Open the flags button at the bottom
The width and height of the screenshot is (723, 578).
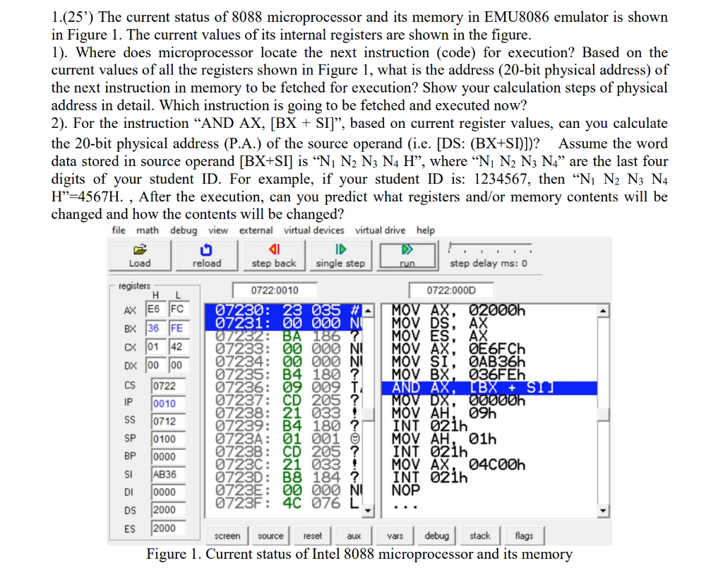coord(524,536)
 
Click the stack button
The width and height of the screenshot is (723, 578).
coord(479,536)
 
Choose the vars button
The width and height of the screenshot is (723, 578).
coord(395,536)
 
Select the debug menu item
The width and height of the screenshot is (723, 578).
coord(183,230)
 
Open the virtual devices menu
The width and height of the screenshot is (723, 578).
coord(314,230)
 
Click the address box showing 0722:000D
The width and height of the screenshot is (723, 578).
coord(452,290)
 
